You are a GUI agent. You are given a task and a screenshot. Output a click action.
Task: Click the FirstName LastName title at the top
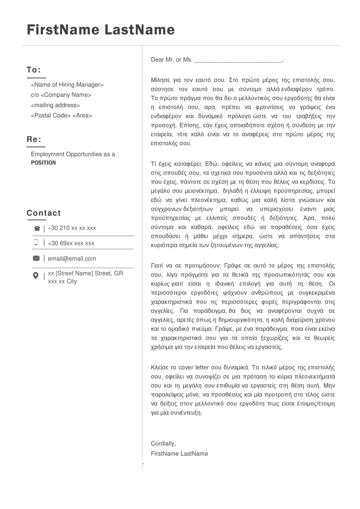(101, 30)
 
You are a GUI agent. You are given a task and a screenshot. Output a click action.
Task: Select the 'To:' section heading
(34, 70)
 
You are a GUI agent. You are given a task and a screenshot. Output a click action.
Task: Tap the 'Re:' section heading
(34, 139)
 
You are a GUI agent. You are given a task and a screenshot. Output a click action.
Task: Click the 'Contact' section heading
(44, 213)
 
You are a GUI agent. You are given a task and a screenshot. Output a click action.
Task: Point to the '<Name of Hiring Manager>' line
(67, 85)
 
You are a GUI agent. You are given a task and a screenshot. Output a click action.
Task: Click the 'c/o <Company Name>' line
(61, 95)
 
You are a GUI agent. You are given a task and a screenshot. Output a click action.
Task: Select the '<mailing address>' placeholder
(55, 105)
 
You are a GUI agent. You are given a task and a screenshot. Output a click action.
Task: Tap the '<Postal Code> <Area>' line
(61, 115)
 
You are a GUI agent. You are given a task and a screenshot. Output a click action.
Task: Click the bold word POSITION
(43, 163)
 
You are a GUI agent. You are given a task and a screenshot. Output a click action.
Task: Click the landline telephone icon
(37, 229)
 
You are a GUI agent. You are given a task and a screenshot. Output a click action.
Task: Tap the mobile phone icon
(36, 242)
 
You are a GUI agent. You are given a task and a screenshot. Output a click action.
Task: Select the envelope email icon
(36, 259)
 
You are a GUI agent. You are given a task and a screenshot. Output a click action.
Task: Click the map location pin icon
(36, 276)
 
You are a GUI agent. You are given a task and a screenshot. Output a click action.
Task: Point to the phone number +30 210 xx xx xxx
(72, 228)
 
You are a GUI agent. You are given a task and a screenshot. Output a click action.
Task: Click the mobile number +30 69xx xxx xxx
(71, 243)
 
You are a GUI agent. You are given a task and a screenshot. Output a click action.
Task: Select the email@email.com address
(72, 259)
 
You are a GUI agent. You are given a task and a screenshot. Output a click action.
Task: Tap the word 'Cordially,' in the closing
(163, 444)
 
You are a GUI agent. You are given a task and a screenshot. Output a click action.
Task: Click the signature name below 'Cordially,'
(179, 454)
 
